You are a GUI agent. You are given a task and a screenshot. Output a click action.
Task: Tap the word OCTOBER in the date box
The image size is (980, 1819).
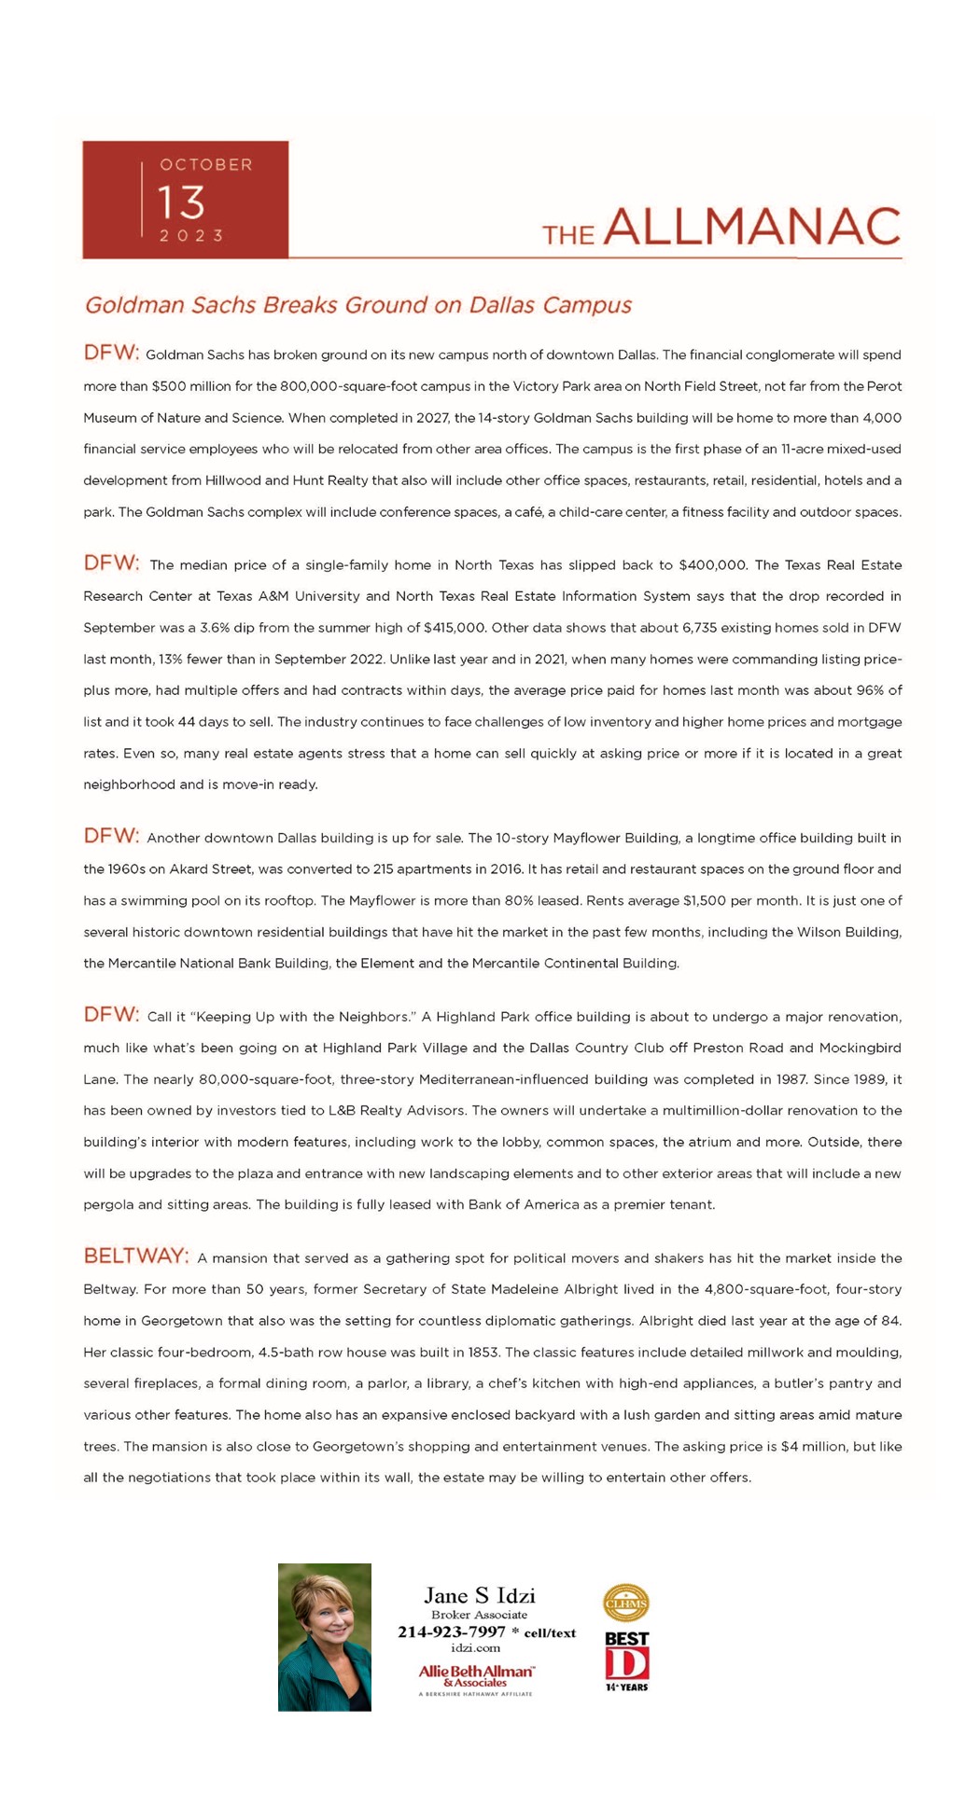(x=206, y=165)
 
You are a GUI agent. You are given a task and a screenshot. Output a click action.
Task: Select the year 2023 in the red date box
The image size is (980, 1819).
(x=191, y=236)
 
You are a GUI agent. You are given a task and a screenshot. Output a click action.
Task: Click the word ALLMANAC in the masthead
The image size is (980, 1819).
(x=751, y=228)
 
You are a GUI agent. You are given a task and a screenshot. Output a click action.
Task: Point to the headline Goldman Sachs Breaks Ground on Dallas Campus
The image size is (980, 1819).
(x=357, y=305)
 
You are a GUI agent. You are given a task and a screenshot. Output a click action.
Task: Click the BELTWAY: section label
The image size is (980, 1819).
(x=136, y=1256)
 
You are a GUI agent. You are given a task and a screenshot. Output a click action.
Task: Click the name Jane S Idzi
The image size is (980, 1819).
(x=480, y=1595)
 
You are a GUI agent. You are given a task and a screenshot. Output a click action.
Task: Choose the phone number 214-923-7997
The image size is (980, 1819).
(x=452, y=1632)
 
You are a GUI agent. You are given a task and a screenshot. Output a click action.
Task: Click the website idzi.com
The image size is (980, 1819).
(x=476, y=1648)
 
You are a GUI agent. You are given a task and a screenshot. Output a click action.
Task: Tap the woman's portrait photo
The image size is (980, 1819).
(x=325, y=1637)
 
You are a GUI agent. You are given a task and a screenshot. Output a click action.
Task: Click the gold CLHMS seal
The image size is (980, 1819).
(x=625, y=1604)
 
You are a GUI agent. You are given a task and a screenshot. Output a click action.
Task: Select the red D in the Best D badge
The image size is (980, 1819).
(x=626, y=1663)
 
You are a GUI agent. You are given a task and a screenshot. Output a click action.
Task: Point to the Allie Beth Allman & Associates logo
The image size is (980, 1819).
(x=476, y=1675)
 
